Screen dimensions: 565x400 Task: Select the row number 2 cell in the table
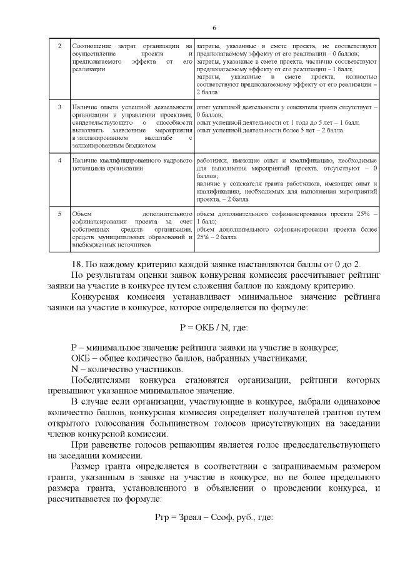59,47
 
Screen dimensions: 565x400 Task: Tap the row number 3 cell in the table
59,108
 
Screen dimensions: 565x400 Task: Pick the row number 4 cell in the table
59,161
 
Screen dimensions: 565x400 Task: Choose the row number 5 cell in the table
59,214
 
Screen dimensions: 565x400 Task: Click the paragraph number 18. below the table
80,262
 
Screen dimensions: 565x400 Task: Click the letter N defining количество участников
75,368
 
